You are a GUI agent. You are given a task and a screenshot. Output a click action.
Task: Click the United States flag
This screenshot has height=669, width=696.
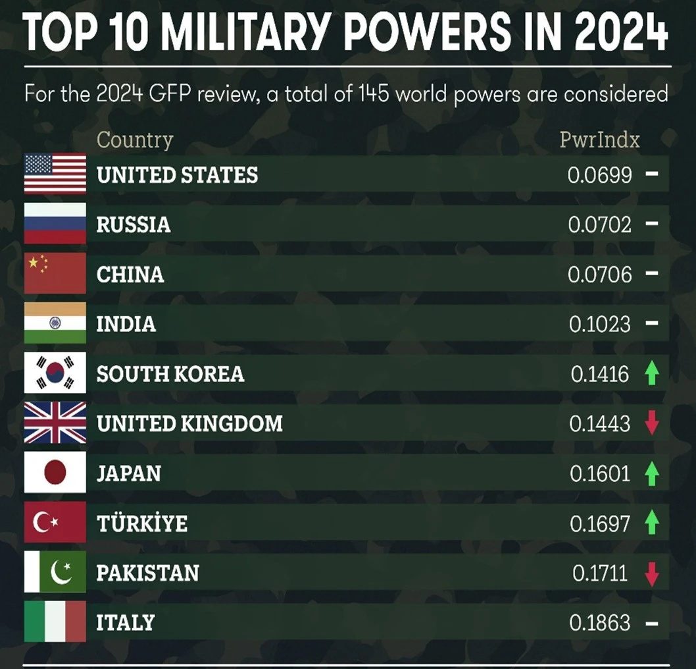pos(55,174)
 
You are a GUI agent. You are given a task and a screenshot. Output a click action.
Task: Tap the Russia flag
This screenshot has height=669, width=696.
pos(55,224)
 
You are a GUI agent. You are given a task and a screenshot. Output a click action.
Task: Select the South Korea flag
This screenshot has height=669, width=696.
pos(55,373)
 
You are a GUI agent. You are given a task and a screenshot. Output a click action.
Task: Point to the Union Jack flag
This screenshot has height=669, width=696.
pos(55,423)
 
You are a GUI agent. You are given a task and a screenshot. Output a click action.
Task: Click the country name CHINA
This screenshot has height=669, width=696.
pos(130,275)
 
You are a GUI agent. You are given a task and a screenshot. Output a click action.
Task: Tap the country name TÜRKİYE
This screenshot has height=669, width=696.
pos(141,523)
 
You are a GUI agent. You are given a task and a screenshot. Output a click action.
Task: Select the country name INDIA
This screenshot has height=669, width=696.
pos(126,324)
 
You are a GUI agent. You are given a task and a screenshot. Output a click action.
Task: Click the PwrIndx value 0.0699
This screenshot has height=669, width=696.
pos(600,175)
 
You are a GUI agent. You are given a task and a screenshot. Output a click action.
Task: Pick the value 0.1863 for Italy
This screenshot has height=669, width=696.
pos(600,623)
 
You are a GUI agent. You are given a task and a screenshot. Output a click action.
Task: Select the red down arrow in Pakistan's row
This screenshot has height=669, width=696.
pos(651,574)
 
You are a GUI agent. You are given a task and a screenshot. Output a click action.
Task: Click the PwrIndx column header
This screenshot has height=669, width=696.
pos(599,140)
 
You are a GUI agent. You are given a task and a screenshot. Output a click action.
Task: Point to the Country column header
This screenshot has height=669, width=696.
pos(135,140)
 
